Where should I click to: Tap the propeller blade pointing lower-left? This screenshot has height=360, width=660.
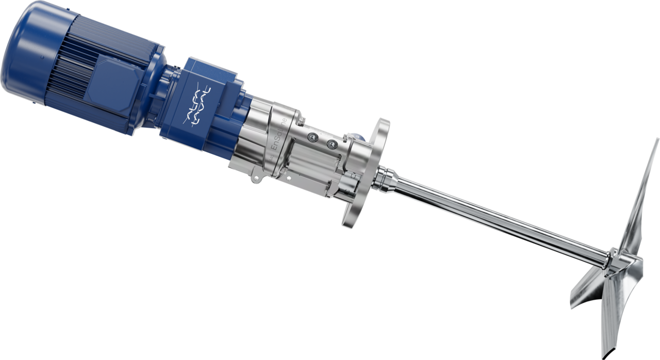pyautogui.click(x=588, y=289)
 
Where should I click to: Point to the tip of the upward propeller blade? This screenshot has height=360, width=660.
pyautogui.click(x=656, y=142)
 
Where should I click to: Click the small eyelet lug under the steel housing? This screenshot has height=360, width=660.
pyautogui.click(x=255, y=180)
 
